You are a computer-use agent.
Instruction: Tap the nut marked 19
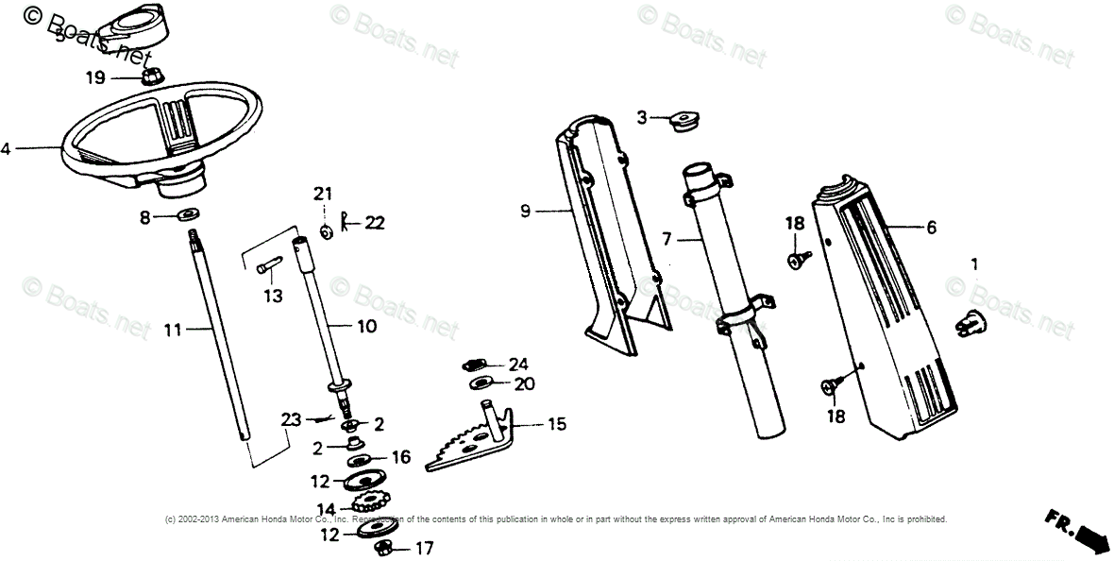click(148, 77)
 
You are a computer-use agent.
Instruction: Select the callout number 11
click(172, 330)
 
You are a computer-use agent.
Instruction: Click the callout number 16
click(401, 457)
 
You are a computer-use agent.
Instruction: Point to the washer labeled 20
click(481, 384)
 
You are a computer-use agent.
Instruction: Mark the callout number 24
click(518, 364)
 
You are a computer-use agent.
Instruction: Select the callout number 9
click(526, 212)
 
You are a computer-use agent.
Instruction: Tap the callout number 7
click(667, 239)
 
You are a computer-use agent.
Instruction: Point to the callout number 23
click(291, 417)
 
